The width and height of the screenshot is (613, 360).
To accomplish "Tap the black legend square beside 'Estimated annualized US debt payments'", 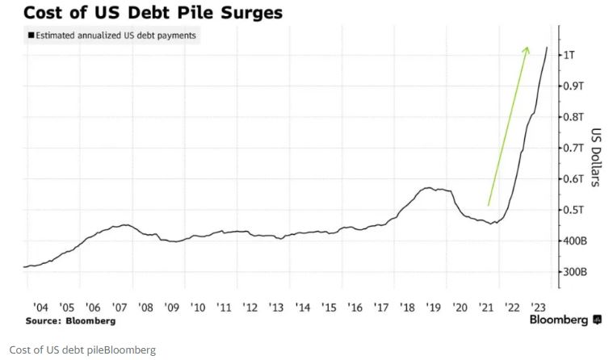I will [x=31, y=36].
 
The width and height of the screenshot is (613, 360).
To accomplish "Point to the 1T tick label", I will [x=570, y=54].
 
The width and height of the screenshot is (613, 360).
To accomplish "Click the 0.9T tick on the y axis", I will [x=573, y=86].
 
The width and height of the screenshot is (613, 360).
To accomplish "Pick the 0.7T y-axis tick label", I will [x=573, y=149].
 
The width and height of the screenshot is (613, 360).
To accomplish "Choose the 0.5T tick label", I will [x=573, y=210].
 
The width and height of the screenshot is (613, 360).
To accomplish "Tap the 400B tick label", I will [x=573, y=241].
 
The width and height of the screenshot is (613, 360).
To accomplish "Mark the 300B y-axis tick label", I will [x=573, y=273].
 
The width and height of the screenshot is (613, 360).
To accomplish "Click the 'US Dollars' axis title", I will [x=595, y=157].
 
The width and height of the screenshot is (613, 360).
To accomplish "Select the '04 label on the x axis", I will [x=41, y=308].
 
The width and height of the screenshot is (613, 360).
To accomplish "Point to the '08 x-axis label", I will [x=146, y=308].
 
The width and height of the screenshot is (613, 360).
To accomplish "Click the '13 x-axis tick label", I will [x=276, y=308].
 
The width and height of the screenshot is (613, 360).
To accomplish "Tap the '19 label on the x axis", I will [x=434, y=308].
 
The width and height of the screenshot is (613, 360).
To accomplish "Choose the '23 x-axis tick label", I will [x=538, y=308].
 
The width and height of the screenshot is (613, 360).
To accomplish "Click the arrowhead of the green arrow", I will [x=526, y=50].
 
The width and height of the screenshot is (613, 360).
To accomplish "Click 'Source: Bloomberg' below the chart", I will [x=70, y=320].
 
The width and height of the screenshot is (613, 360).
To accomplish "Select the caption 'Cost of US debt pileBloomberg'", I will [x=82, y=350].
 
